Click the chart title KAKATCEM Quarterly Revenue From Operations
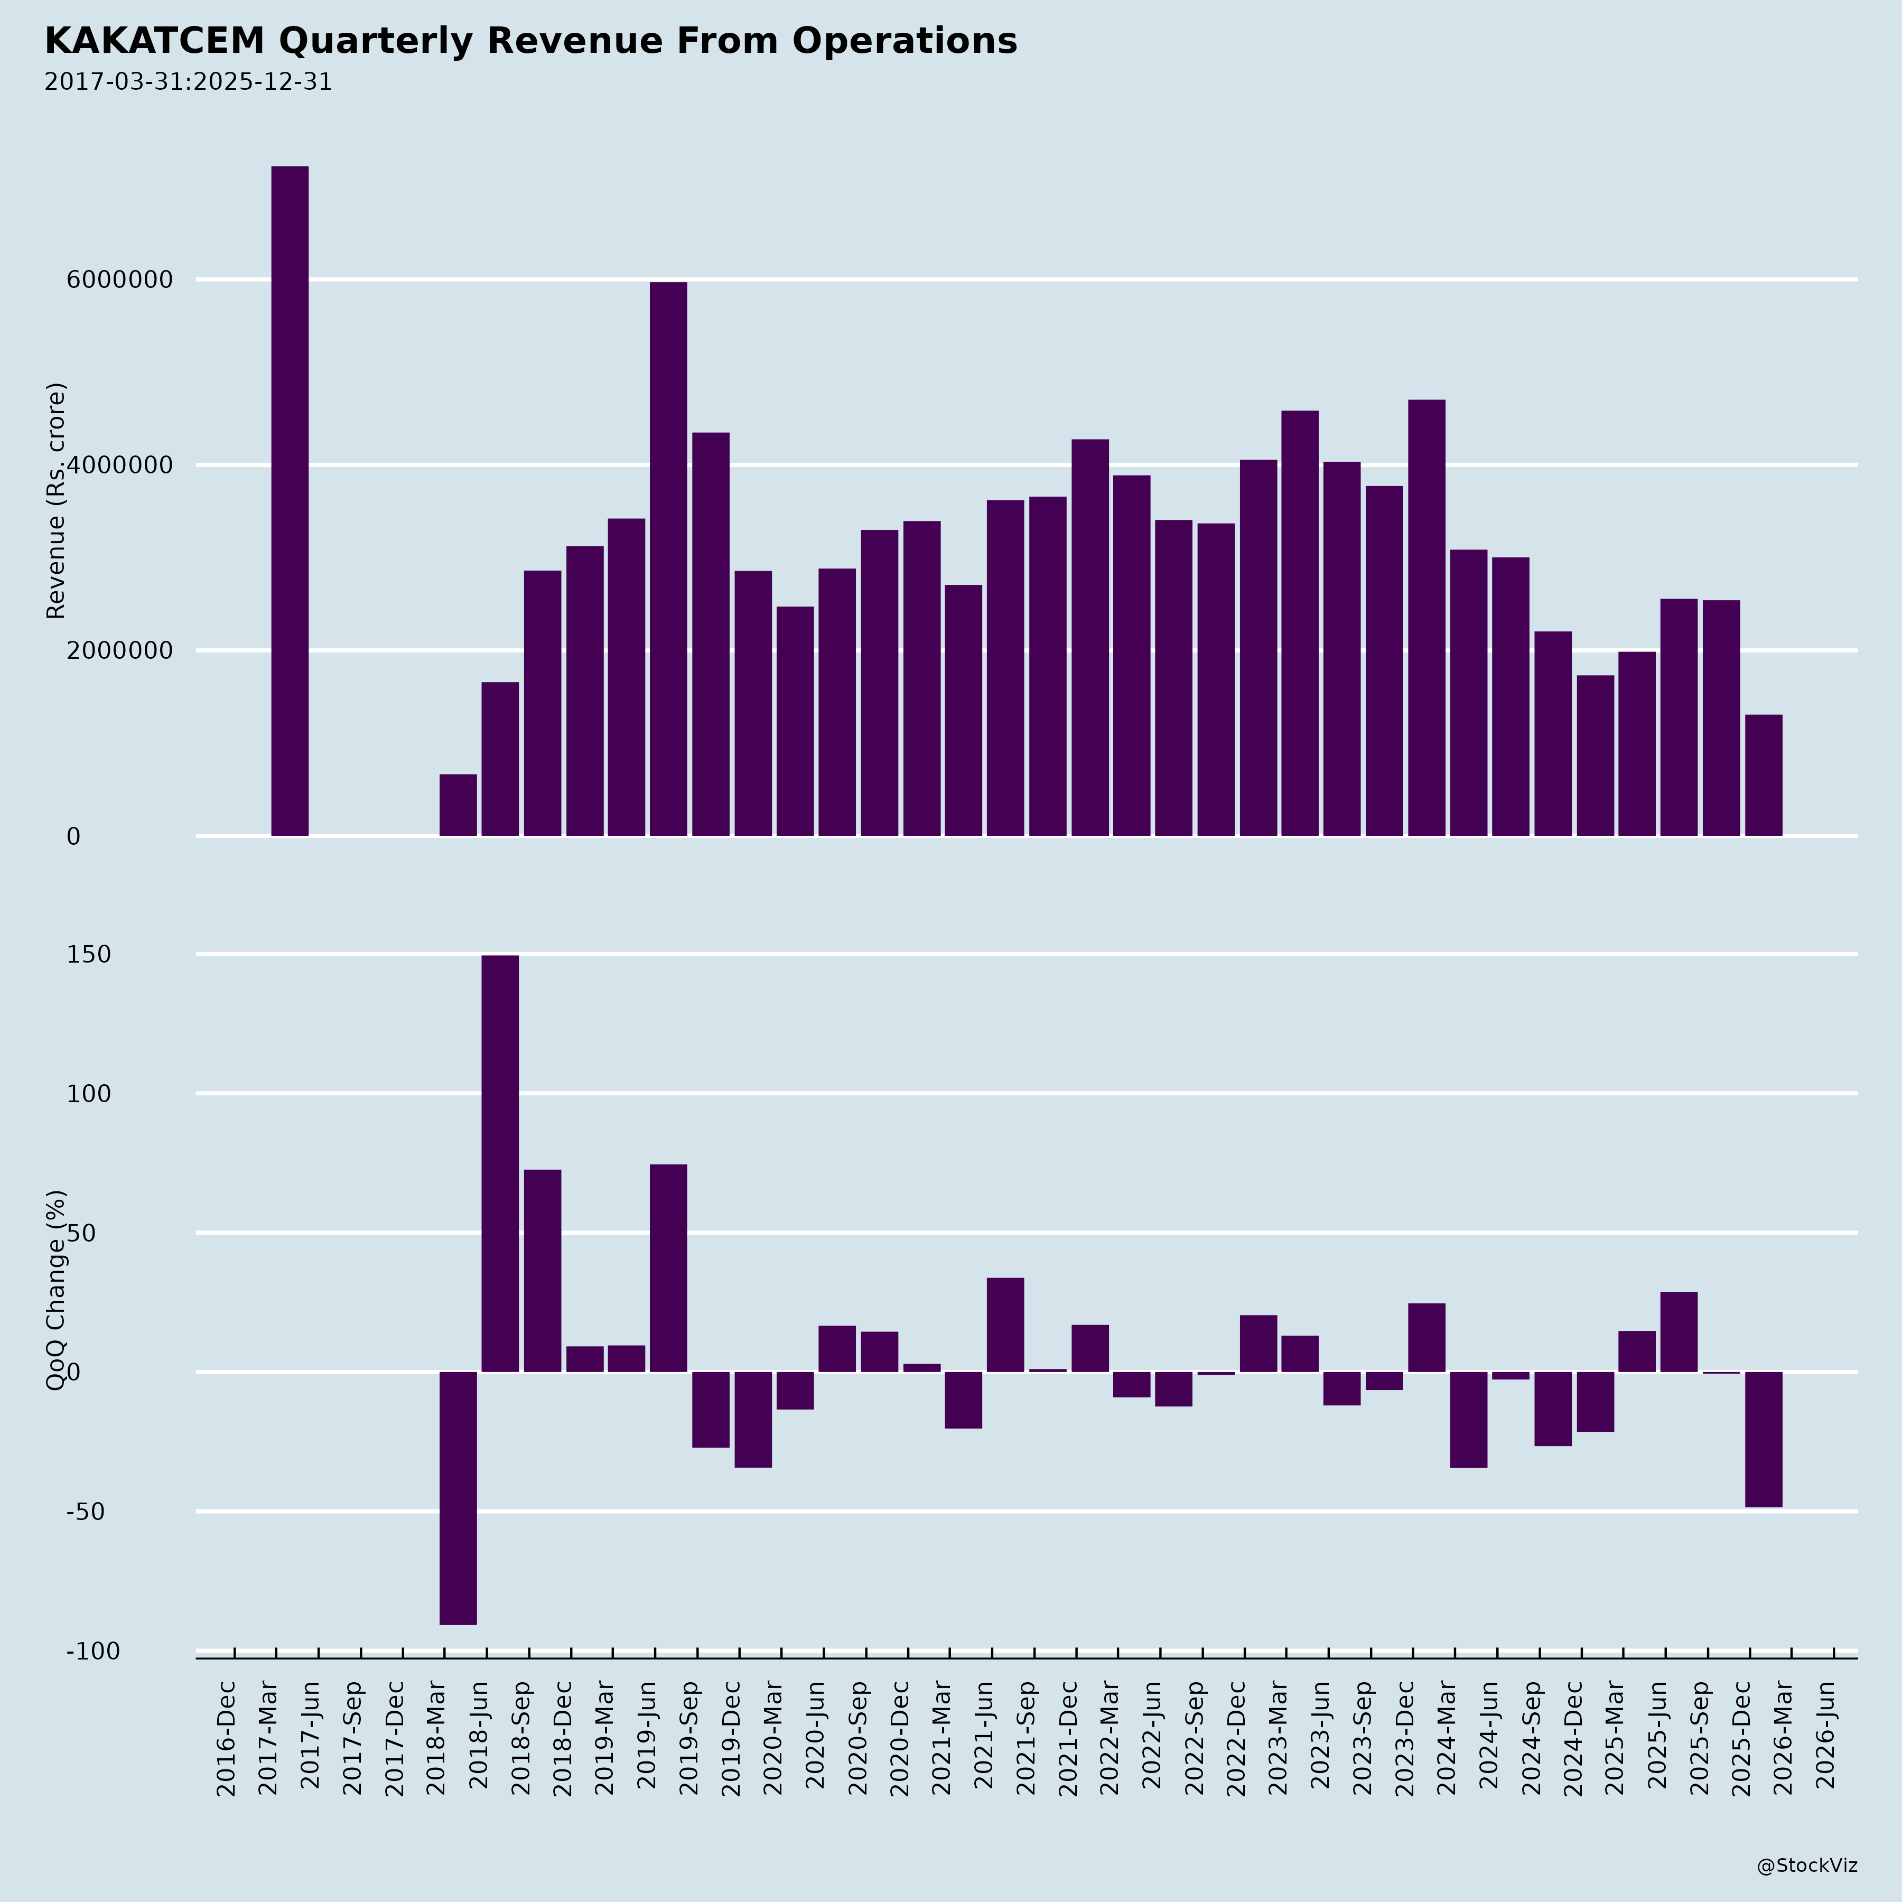click(x=530, y=41)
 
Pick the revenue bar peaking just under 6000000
click(x=668, y=559)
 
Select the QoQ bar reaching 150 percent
click(x=500, y=1163)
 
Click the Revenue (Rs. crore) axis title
click(x=56, y=501)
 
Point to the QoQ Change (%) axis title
click(x=56, y=1290)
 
